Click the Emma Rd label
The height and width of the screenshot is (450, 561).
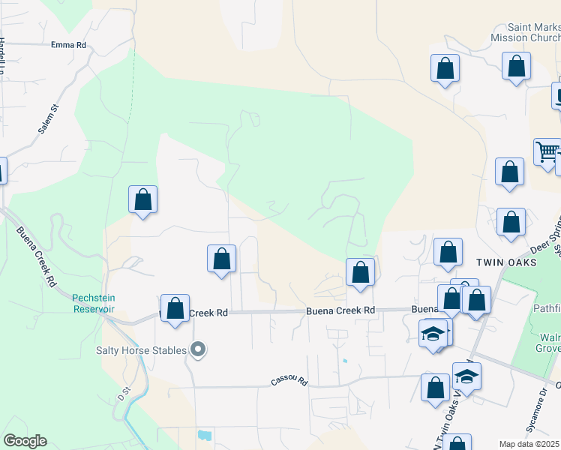click(68, 45)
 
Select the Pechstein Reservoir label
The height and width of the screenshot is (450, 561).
click(93, 303)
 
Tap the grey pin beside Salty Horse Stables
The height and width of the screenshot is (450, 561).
click(198, 349)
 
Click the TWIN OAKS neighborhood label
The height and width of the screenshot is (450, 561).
click(506, 262)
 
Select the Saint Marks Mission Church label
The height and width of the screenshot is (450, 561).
click(524, 32)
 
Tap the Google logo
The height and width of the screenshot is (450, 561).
click(25, 441)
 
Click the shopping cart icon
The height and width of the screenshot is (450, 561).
click(547, 152)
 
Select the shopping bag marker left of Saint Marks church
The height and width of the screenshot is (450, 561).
click(445, 68)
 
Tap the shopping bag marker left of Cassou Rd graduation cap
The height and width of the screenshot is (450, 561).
click(435, 388)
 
